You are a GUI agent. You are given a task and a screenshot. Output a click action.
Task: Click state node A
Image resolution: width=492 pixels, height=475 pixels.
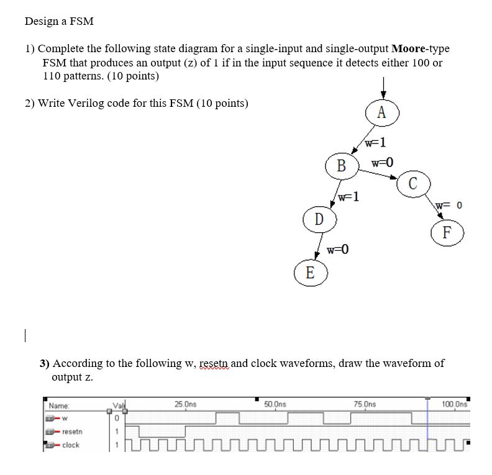click(381, 112)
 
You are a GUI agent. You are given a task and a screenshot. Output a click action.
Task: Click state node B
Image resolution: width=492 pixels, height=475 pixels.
click(341, 165)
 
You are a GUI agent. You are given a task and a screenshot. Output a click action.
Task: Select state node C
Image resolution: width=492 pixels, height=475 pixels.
click(413, 184)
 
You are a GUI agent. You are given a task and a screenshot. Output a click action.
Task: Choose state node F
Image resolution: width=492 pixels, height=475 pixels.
click(447, 233)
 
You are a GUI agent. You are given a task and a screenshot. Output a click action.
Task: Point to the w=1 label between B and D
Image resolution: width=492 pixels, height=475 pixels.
click(348, 197)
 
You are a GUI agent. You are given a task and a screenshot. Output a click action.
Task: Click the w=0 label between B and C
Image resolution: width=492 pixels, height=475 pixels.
click(382, 163)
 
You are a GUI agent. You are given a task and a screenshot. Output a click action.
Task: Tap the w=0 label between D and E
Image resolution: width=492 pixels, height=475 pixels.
click(338, 250)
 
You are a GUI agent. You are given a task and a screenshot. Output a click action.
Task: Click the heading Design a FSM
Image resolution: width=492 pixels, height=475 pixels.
click(59, 21)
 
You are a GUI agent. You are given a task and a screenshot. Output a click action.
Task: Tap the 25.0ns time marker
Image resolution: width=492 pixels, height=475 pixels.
click(185, 404)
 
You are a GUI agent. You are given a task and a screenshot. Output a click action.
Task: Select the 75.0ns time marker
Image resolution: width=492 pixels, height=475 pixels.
click(364, 404)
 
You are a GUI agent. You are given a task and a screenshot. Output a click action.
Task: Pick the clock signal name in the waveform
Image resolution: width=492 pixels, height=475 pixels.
click(71, 445)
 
